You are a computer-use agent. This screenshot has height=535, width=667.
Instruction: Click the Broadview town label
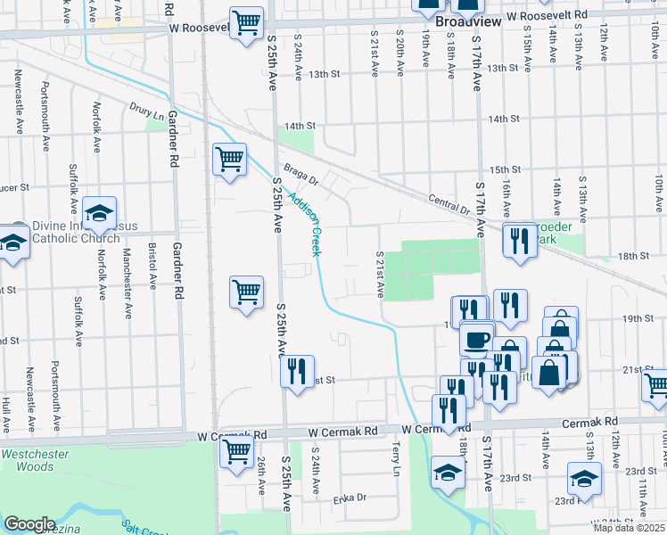pos(465,17)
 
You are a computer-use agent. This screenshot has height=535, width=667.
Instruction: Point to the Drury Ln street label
pos(146,114)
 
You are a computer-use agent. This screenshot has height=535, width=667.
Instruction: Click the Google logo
pos(29,523)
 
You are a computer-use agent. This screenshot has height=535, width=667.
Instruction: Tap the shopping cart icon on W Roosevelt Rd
pos(246,21)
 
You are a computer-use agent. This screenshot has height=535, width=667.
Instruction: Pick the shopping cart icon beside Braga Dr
pos(229,159)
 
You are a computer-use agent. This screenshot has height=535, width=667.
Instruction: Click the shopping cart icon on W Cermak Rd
pos(236,450)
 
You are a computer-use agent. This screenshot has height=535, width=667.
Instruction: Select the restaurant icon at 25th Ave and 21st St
pos(297,369)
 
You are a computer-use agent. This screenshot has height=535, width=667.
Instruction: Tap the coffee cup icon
pos(477,339)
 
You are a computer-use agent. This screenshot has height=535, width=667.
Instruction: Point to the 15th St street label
pos(504,169)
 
